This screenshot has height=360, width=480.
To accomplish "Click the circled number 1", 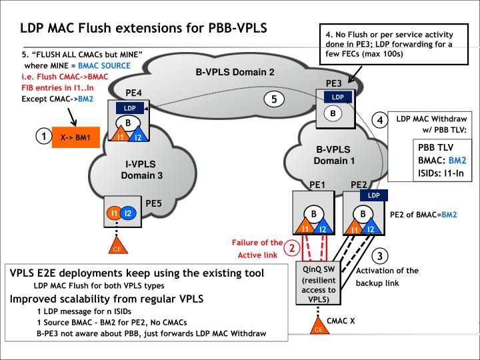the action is [44, 136].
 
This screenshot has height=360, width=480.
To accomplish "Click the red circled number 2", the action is [292, 247].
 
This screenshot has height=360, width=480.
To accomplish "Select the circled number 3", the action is [379, 255].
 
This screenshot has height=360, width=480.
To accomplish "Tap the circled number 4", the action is [380, 120].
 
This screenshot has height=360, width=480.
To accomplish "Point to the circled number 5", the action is [274, 99].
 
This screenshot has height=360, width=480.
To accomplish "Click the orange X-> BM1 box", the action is [75, 137].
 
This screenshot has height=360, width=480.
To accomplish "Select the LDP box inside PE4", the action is [130, 108].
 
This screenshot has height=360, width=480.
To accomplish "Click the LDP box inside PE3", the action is [338, 97].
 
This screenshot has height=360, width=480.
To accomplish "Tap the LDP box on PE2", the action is [374, 195].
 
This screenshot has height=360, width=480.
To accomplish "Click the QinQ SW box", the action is [319, 283].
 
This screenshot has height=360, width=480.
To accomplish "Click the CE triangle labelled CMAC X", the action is [319, 326].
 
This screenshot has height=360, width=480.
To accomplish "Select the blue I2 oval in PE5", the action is [128, 213].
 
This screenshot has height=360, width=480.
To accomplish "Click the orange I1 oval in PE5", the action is [114, 213].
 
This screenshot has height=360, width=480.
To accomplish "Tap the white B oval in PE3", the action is [333, 113].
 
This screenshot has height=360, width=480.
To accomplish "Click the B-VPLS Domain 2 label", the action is [235, 72].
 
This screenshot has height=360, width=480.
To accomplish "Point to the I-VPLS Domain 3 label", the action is [141, 169].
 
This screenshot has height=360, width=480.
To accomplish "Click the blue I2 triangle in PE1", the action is [323, 227].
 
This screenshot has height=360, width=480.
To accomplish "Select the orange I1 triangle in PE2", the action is [355, 227].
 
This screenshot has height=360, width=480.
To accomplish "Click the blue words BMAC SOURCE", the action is [104, 65].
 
